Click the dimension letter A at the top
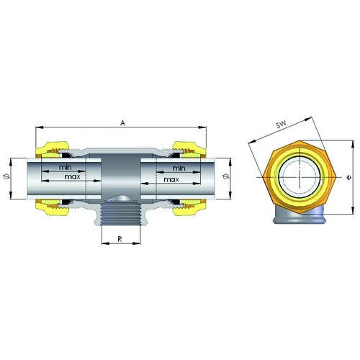click(x=122, y=123)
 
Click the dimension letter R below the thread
click(x=120, y=239)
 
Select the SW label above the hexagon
click(x=281, y=125)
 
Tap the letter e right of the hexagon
click(x=349, y=178)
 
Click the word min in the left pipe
click(x=66, y=167)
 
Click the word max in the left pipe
click(x=72, y=177)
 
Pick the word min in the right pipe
click(x=179, y=168)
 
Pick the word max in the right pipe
click(x=171, y=179)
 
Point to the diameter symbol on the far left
click(x=6, y=177)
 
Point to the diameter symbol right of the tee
click(x=225, y=177)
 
